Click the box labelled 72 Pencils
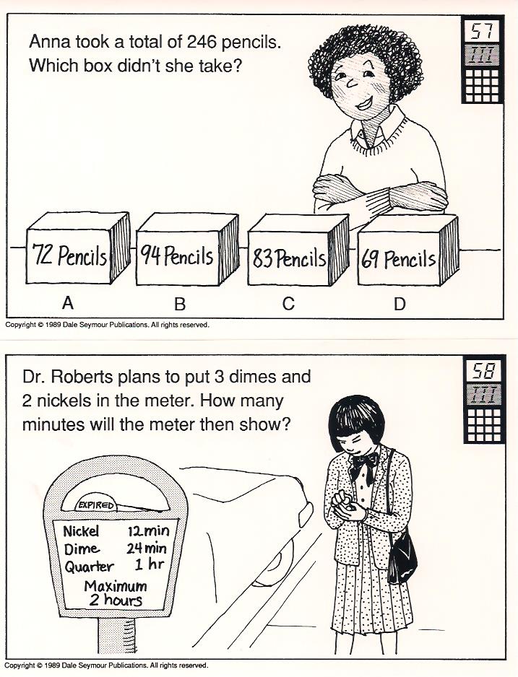[78, 248]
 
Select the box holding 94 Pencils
[187, 249]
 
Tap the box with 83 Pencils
[298, 250]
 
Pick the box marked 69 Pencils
[407, 251]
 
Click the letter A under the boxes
[68, 303]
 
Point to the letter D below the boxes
[400, 304]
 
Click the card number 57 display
[483, 30]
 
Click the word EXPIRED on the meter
[96, 505]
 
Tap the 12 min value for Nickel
[148, 530]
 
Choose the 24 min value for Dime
[147, 549]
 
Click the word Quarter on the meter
[89, 567]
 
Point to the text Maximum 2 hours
[116, 593]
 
